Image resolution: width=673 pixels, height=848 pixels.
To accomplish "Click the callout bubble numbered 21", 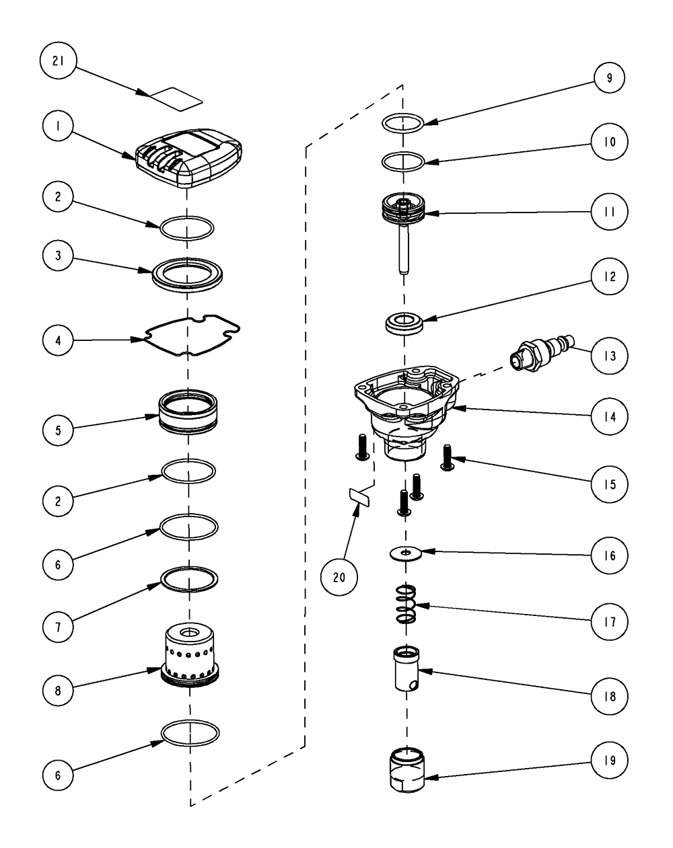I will click(58, 61).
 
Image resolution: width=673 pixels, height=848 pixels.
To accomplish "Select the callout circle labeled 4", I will click(58, 340).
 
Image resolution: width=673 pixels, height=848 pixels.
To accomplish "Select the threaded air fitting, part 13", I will click(542, 353).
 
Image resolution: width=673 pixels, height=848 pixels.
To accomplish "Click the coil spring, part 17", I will click(406, 603).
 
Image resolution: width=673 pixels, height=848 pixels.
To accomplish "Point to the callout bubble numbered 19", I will click(608, 760).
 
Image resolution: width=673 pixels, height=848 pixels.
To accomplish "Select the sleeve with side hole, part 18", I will click(406, 666).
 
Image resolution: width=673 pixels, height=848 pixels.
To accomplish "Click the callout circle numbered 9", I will click(608, 78).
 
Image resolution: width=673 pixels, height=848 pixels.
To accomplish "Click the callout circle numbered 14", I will click(608, 416).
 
